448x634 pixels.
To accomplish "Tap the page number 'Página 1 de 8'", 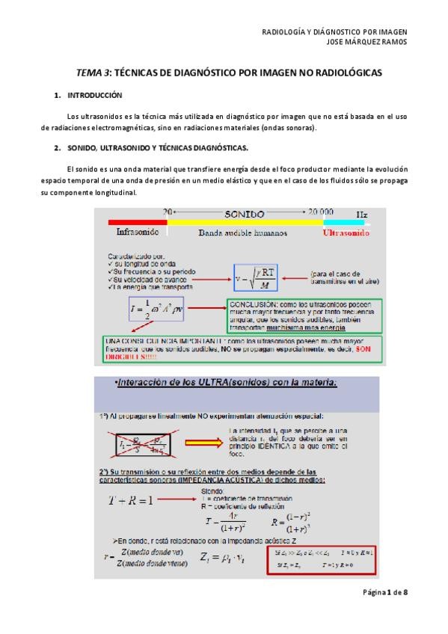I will tap(382, 591).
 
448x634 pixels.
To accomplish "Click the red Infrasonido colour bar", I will tap(138, 222).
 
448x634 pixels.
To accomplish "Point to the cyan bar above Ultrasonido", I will tap(343, 222).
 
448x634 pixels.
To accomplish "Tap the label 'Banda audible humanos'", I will tap(236, 233).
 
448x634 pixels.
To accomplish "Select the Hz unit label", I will tap(362, 213).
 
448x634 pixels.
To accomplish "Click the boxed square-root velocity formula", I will tap(255, 278).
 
